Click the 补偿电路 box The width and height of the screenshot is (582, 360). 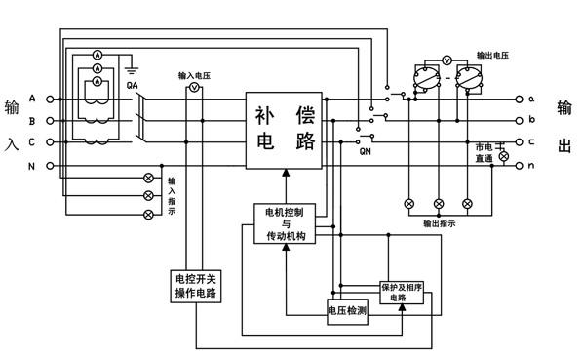point(285,128)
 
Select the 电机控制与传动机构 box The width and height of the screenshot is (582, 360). point(285,223)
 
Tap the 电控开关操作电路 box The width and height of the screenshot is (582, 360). point(195,285)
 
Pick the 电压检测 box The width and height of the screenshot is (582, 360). point(347,310)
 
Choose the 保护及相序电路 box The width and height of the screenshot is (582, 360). point(401,292)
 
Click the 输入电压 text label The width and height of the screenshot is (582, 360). point(194,74)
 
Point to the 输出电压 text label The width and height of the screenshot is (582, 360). point(492,55)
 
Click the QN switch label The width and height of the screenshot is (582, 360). point(366,152)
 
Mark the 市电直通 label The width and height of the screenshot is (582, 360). point(484,151)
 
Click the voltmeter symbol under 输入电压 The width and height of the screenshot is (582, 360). point(193,88)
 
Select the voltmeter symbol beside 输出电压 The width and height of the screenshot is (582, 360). point(446,60)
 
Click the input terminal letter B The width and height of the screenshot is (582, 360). point(33,121)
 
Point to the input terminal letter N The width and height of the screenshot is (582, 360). point(33,165)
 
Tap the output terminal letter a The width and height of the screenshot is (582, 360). point(531,100)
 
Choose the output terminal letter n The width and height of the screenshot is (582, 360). point(531,166)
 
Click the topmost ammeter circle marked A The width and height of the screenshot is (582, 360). point(97,53)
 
